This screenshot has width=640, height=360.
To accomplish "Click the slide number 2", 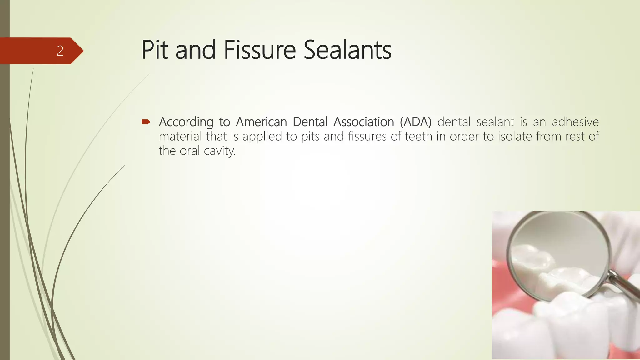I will pos(60,51).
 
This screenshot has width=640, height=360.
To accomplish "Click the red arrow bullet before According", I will pos(146,122).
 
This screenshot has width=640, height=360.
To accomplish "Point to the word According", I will pos(186,122).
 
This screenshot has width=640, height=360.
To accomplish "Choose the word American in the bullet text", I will pos(261,122).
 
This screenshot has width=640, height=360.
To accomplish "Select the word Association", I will pos(364,122).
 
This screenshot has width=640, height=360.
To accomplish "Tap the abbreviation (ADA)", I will pos(416,122).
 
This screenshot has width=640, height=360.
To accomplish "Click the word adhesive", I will pos(575,122).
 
